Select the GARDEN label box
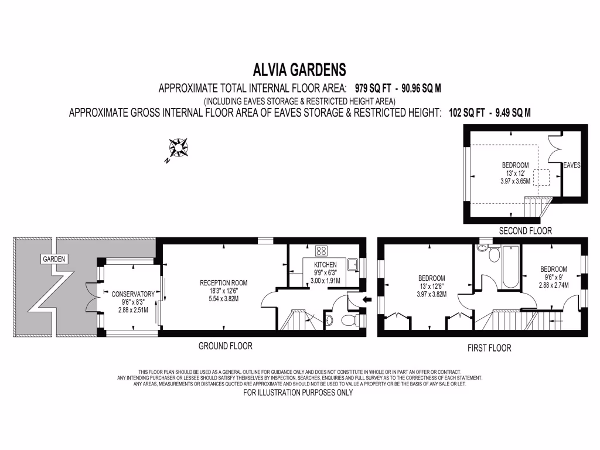coord(54,258)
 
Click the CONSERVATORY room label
coord(132,294)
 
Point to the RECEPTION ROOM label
coord(223,282)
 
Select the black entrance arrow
coord(367,301)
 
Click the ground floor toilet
coord(349,320)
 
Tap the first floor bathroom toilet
coord(494,255)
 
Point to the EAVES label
coord(571,166)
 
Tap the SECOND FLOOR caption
coord(525,231)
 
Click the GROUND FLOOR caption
coord(226,346)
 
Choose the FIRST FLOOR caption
coord(489,348)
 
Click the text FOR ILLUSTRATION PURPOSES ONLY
coord(298,393)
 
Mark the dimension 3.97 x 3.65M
coord(515,182)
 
